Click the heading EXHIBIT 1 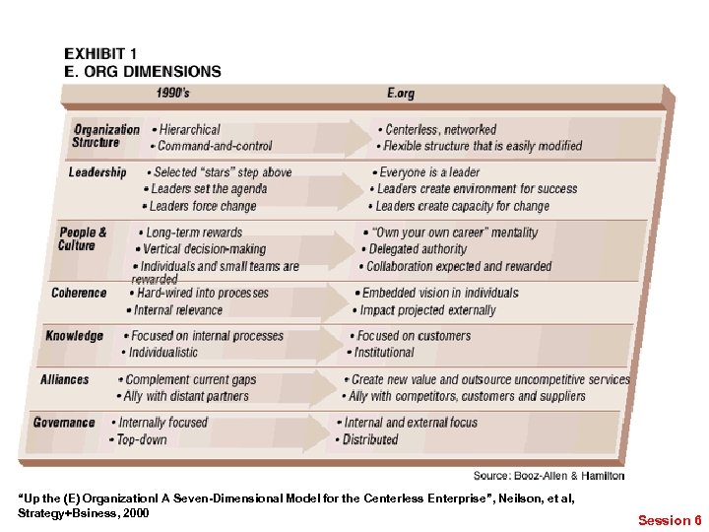click(x=100, y=54)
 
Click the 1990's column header click(x=180, y=95)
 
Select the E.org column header click(x=401, y=95)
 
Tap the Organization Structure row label click(x=106, y=136)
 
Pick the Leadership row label click(x=97, y=172)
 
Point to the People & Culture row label click(x=83, y=239)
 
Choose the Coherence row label click(x=79, y=293)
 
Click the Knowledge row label click(x=74, y=336)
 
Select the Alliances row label click(x=65, y=379)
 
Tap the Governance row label click(x=64, y=423)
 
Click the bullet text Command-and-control click(x=215, y=146)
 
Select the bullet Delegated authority click(x=418, y=249)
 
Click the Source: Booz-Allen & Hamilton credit click(x=548, y=476)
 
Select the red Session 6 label click(x=670, y=519)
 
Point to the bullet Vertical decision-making click(x=204, y=249)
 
